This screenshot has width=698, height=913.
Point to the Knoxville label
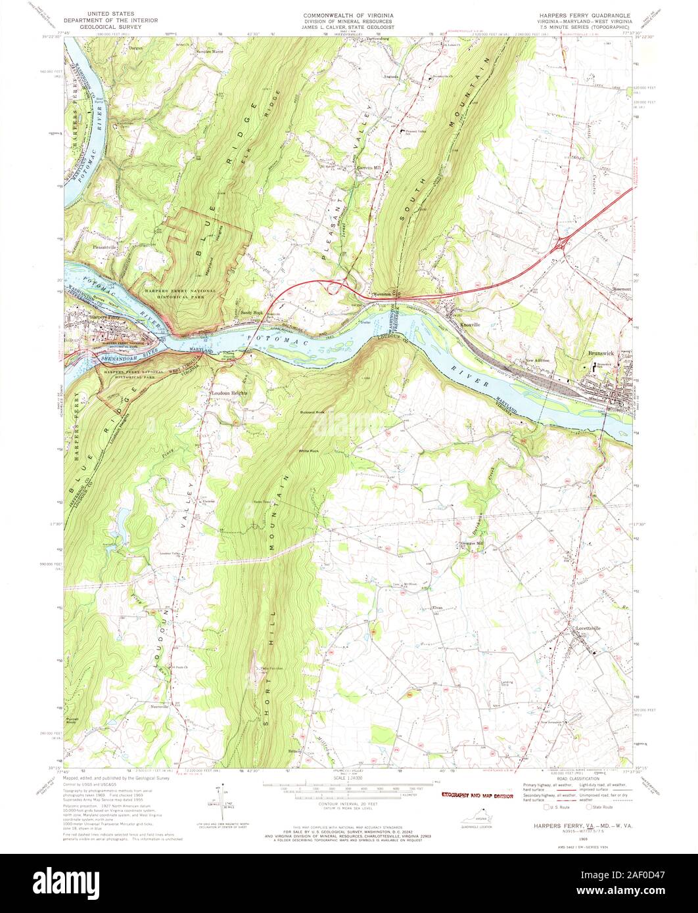pos(472,324)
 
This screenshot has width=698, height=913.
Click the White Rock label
pos(308,451)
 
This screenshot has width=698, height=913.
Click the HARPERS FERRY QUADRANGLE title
pos(582,14)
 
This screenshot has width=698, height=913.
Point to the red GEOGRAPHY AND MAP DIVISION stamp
pos(475,795)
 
